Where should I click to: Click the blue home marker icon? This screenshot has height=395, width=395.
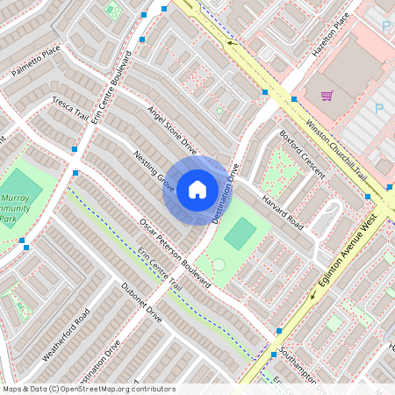[x=197, y=190]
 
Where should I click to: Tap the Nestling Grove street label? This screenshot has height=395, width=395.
[x=154, y=171]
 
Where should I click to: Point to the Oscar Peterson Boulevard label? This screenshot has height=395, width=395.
[x=176, y=253]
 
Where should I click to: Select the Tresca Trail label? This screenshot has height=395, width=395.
[x=70, y=110]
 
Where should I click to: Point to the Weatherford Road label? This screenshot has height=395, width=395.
[x=66, y=336]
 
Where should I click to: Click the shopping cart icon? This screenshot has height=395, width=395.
[x=327, y=96]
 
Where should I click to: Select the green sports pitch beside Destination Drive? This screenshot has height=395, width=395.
[x=241, y=233]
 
